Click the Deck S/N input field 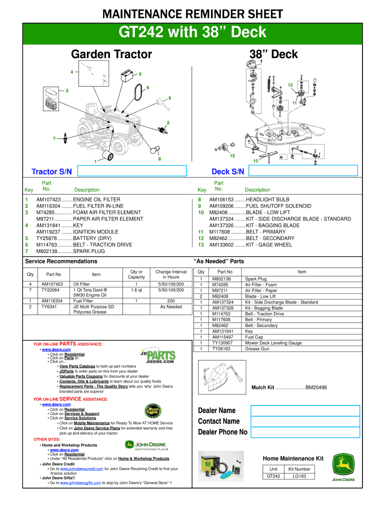pos(303,171)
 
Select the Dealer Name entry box pos(304,410)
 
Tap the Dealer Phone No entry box pos(304,432)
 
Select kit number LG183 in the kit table pos(299,476)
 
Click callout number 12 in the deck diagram pos(289,85)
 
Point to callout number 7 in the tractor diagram pos(55,138)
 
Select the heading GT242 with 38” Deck pos(192,33)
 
